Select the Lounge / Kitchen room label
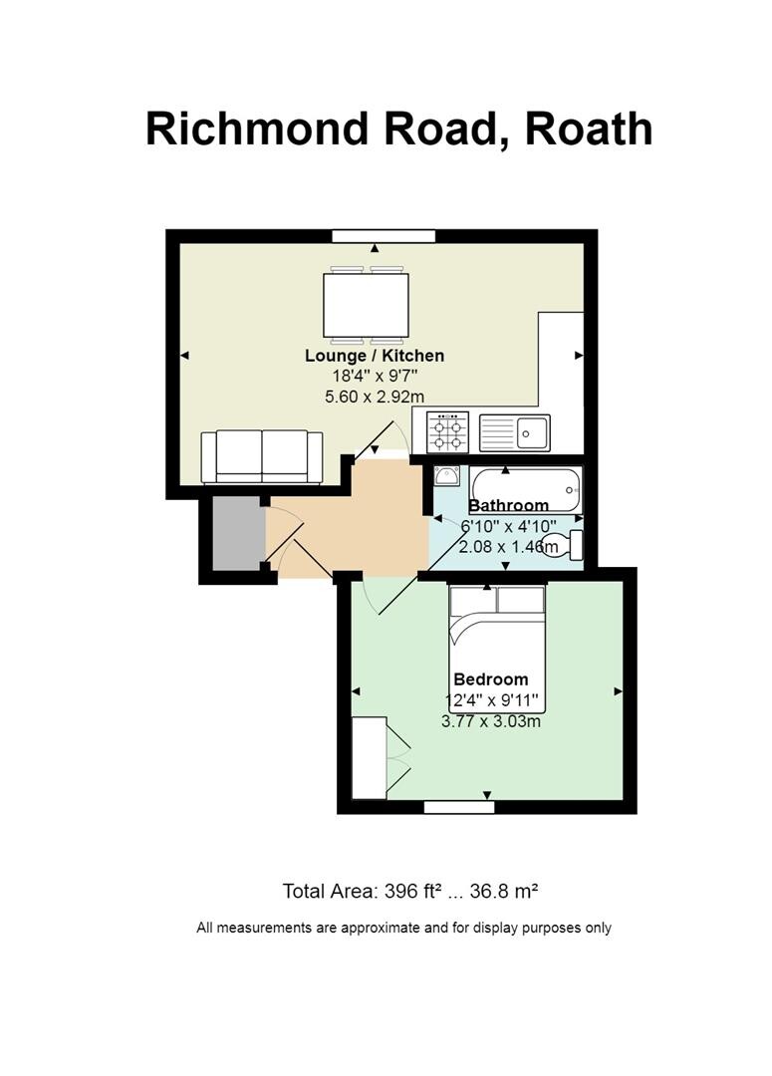click(375, 356)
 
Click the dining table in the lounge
click(366, 305)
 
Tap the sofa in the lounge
click(262, 456)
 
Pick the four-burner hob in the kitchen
click(447, 432)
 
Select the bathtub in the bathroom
click(525, 488)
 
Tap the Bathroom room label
click(508, 506)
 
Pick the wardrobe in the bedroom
click(370, 757)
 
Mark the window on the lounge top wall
click(384, 236)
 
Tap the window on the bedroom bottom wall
click(459, 807)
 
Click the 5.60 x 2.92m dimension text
click(375, 396)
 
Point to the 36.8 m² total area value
click(511, 891)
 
